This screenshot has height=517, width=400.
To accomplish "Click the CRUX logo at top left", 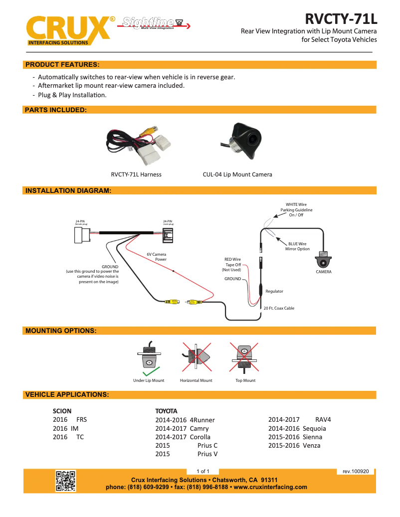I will click(68, 30).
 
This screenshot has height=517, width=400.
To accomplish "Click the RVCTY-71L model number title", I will click(341, 19).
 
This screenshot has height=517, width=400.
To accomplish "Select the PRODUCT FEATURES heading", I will click(62, 65).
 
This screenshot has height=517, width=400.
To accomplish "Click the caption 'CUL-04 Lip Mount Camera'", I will click(237, 174).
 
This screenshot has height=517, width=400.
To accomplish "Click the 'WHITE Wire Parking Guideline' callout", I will click(296, 209).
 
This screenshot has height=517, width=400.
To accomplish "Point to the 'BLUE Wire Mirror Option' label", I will click(297, 246).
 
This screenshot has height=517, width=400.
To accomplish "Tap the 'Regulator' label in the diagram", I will click(274, 291).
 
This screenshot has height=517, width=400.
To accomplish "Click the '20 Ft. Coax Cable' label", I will click(279, 308).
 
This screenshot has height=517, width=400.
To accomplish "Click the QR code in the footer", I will click(65, 481).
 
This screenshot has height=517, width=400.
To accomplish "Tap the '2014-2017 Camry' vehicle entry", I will click(182, 428).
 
